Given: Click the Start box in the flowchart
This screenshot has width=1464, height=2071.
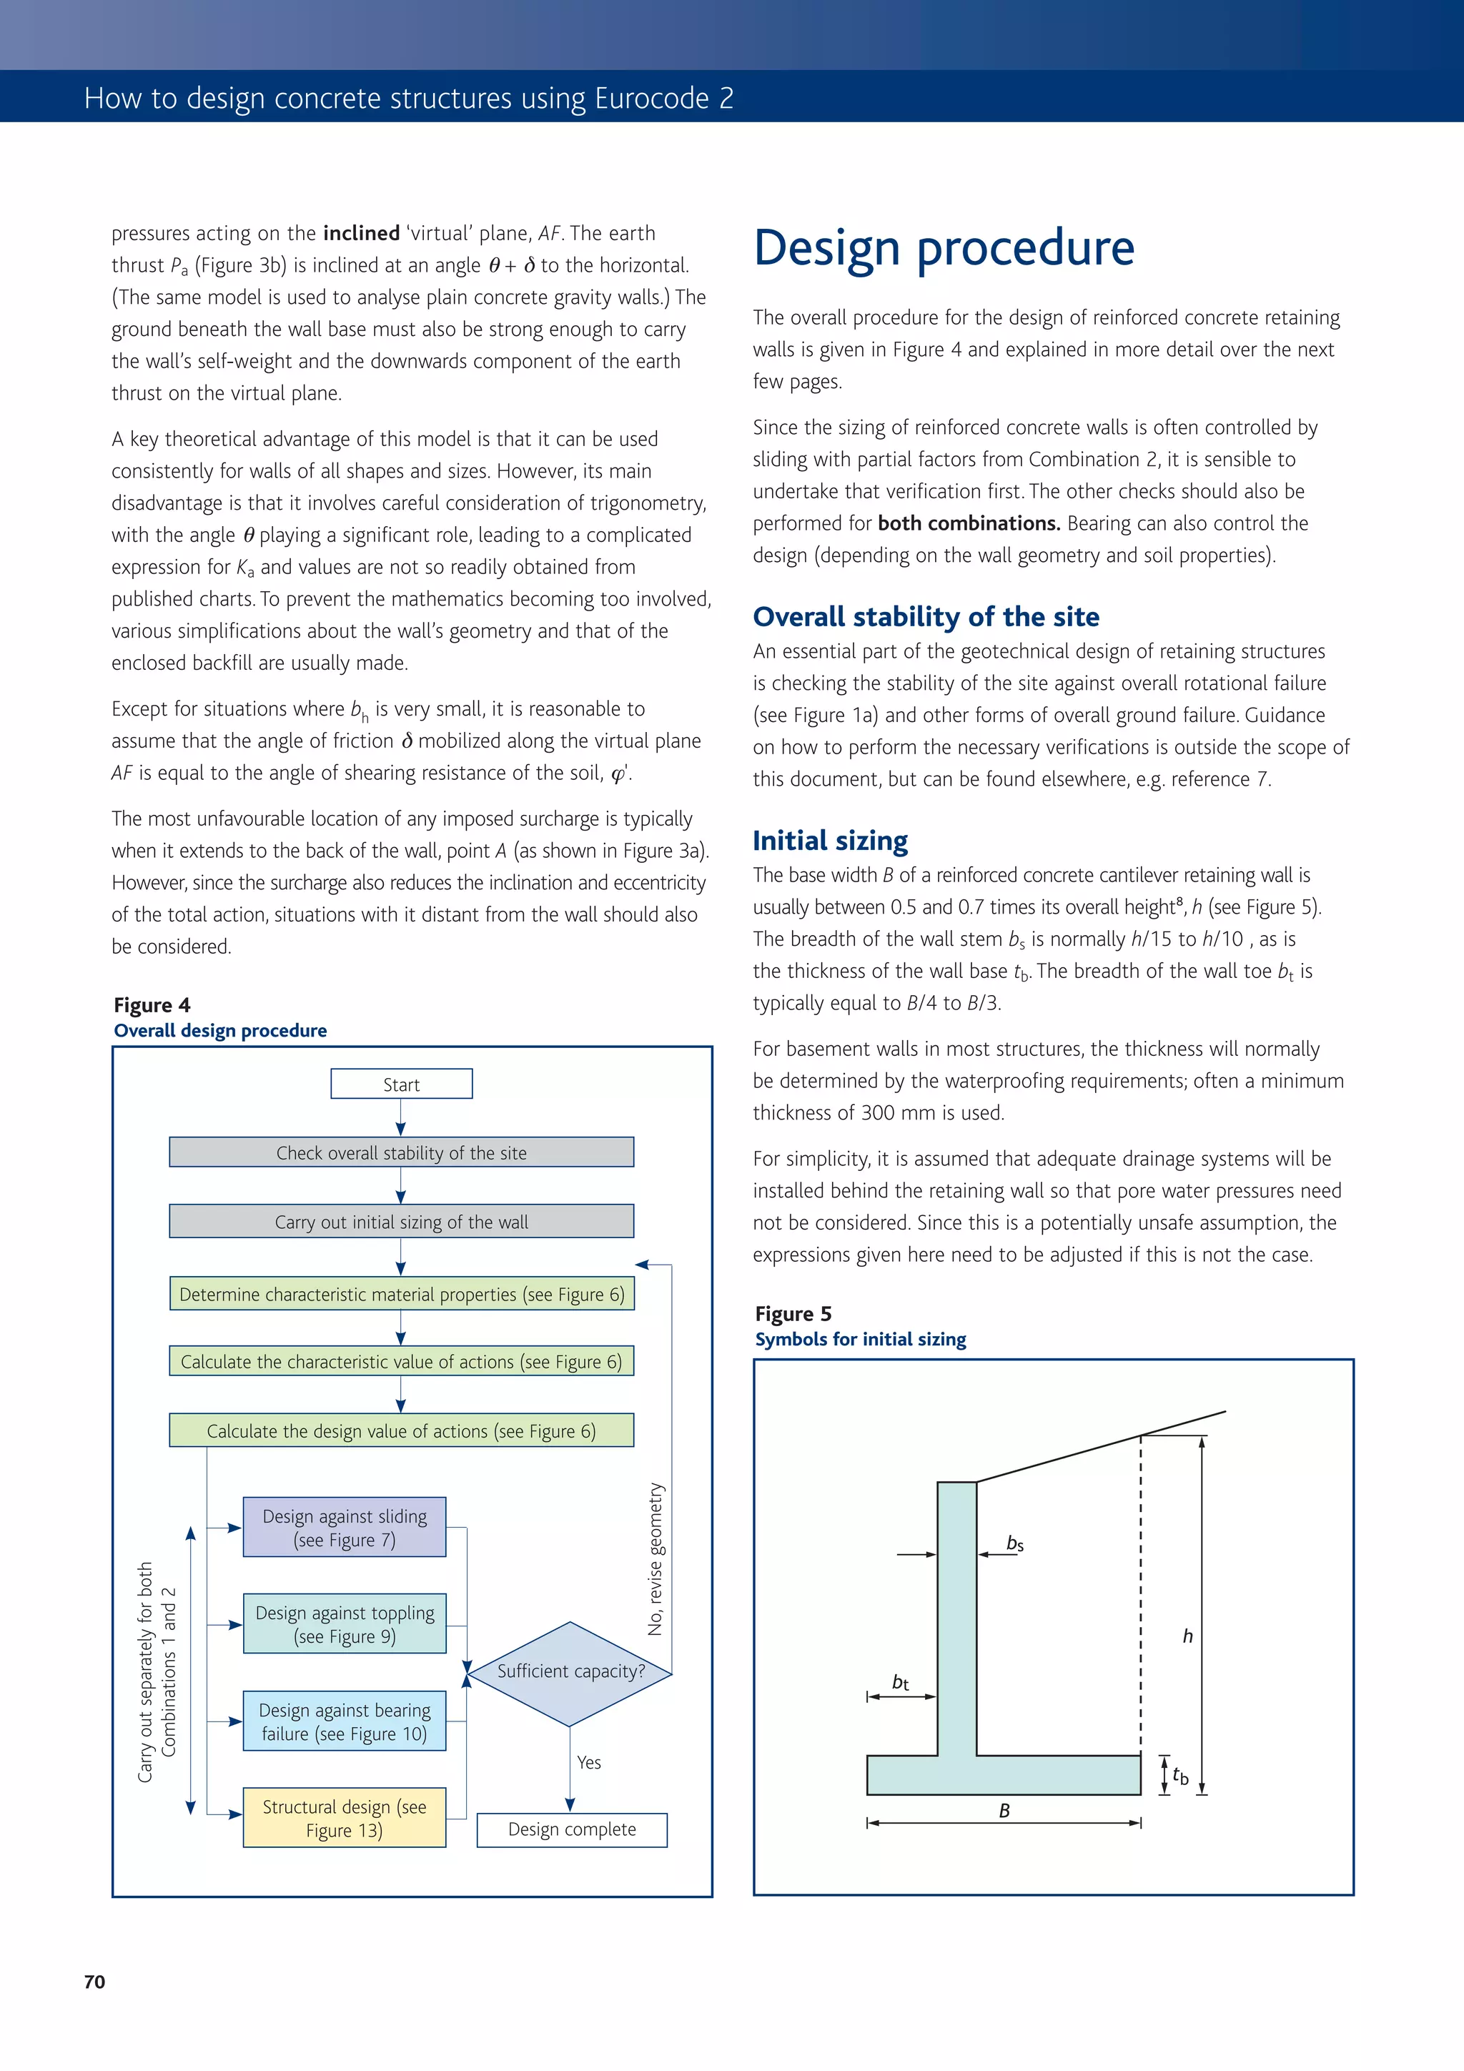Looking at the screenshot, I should pos(402,1084).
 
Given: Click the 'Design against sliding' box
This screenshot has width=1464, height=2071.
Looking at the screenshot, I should pos(345,1527).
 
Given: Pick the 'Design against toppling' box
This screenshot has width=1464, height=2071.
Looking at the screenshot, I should pos(345,1623).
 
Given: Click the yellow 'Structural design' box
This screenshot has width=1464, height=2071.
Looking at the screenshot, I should pos(345,1817).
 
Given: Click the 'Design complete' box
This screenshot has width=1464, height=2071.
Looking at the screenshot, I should pos(572,1829).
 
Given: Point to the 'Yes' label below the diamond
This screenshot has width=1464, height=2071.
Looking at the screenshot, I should pos(589,1761).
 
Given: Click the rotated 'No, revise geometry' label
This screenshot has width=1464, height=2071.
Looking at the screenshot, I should pos(656,1558).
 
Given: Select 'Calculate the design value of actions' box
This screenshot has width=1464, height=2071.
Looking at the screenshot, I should pos(402,1430).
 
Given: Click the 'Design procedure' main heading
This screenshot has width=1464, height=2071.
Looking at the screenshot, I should pos(944,248).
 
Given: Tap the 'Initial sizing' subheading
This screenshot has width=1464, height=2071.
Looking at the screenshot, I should pos(830,840).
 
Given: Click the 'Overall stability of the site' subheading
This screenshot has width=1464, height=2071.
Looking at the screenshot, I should pos(926,616).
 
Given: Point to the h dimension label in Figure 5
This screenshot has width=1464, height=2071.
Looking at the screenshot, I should pos(1187,1636).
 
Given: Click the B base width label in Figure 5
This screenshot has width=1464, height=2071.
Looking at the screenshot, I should pos(1004,1810).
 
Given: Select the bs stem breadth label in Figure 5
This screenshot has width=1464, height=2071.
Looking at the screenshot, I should pos(1015,1543).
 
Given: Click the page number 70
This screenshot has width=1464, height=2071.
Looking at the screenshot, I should pos(94,1982).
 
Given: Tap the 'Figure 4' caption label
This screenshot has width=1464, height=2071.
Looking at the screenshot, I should pos(152,1005).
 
